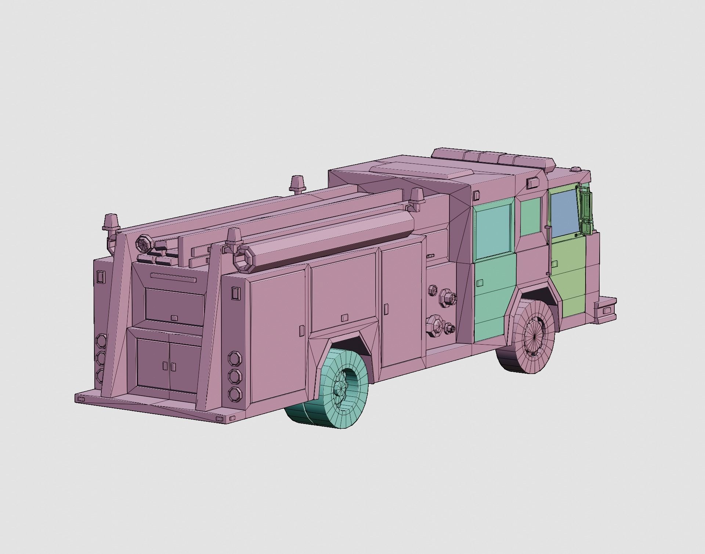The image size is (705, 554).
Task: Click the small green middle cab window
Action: click(x=531, y=217)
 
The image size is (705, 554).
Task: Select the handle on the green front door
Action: click(x=555, y=263)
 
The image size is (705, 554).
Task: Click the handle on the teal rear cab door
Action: click(x=480, y=283)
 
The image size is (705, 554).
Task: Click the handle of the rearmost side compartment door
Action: click(x=301, y=330)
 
